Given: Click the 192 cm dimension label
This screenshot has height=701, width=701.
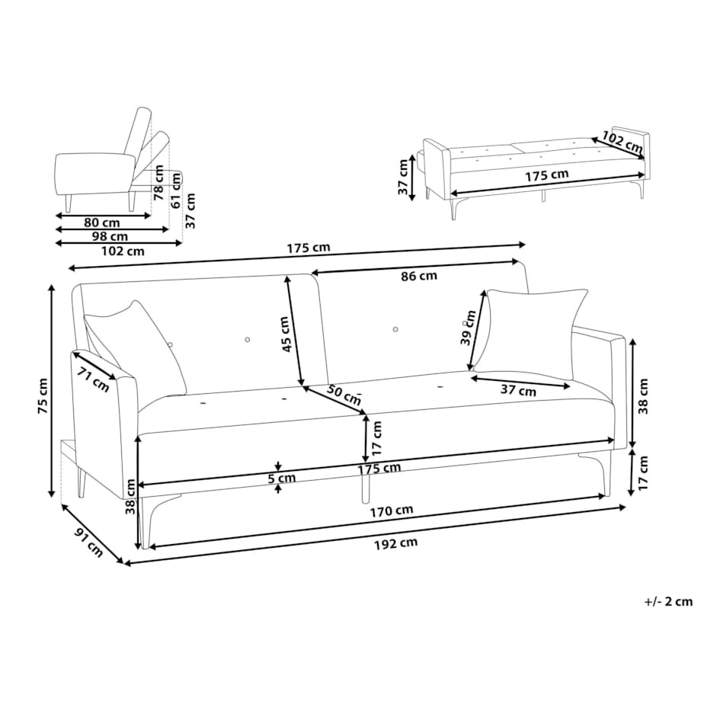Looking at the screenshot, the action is (395, 544).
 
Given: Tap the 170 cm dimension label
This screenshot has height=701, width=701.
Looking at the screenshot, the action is (391, 511).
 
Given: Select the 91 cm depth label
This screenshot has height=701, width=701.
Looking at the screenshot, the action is (88, 543).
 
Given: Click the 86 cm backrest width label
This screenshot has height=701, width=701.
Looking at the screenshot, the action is (419, 276).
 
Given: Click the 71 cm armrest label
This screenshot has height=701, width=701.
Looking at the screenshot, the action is (92, 379).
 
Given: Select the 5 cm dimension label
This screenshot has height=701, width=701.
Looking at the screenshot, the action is (282, 478).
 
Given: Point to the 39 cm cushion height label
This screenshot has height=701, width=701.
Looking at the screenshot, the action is (468, 328).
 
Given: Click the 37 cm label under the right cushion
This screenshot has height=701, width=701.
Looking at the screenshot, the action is (518, 390).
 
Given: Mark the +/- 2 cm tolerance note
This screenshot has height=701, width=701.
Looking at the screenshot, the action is (668, 601).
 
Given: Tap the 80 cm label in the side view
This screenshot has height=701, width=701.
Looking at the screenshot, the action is (102, 222).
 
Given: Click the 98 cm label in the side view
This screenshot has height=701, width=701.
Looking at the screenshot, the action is (109, 235).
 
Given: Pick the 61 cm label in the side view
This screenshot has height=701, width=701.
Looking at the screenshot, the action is (177, 190).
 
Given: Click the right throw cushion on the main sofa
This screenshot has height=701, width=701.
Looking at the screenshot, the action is (530, 333).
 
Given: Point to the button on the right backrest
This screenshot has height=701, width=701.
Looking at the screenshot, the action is (395, 329).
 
